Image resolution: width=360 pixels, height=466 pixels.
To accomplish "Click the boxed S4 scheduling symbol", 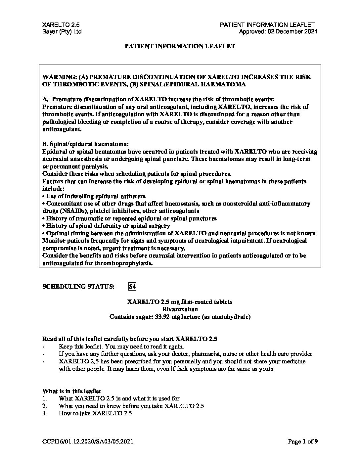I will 132,286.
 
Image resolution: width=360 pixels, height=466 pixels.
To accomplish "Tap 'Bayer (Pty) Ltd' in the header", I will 62,32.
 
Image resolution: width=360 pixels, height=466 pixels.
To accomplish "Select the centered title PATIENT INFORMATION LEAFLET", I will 180,46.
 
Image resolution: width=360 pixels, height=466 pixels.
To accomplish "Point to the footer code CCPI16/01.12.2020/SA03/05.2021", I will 88,441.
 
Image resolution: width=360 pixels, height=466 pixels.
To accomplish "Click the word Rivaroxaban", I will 180,309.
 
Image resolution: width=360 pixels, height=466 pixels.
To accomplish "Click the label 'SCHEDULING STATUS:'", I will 79,287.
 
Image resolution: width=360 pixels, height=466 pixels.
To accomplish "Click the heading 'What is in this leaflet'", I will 72,391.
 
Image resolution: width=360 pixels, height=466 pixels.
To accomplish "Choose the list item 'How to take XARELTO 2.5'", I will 95,413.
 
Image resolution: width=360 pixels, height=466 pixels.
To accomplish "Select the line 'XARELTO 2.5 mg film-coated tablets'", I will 180,302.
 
